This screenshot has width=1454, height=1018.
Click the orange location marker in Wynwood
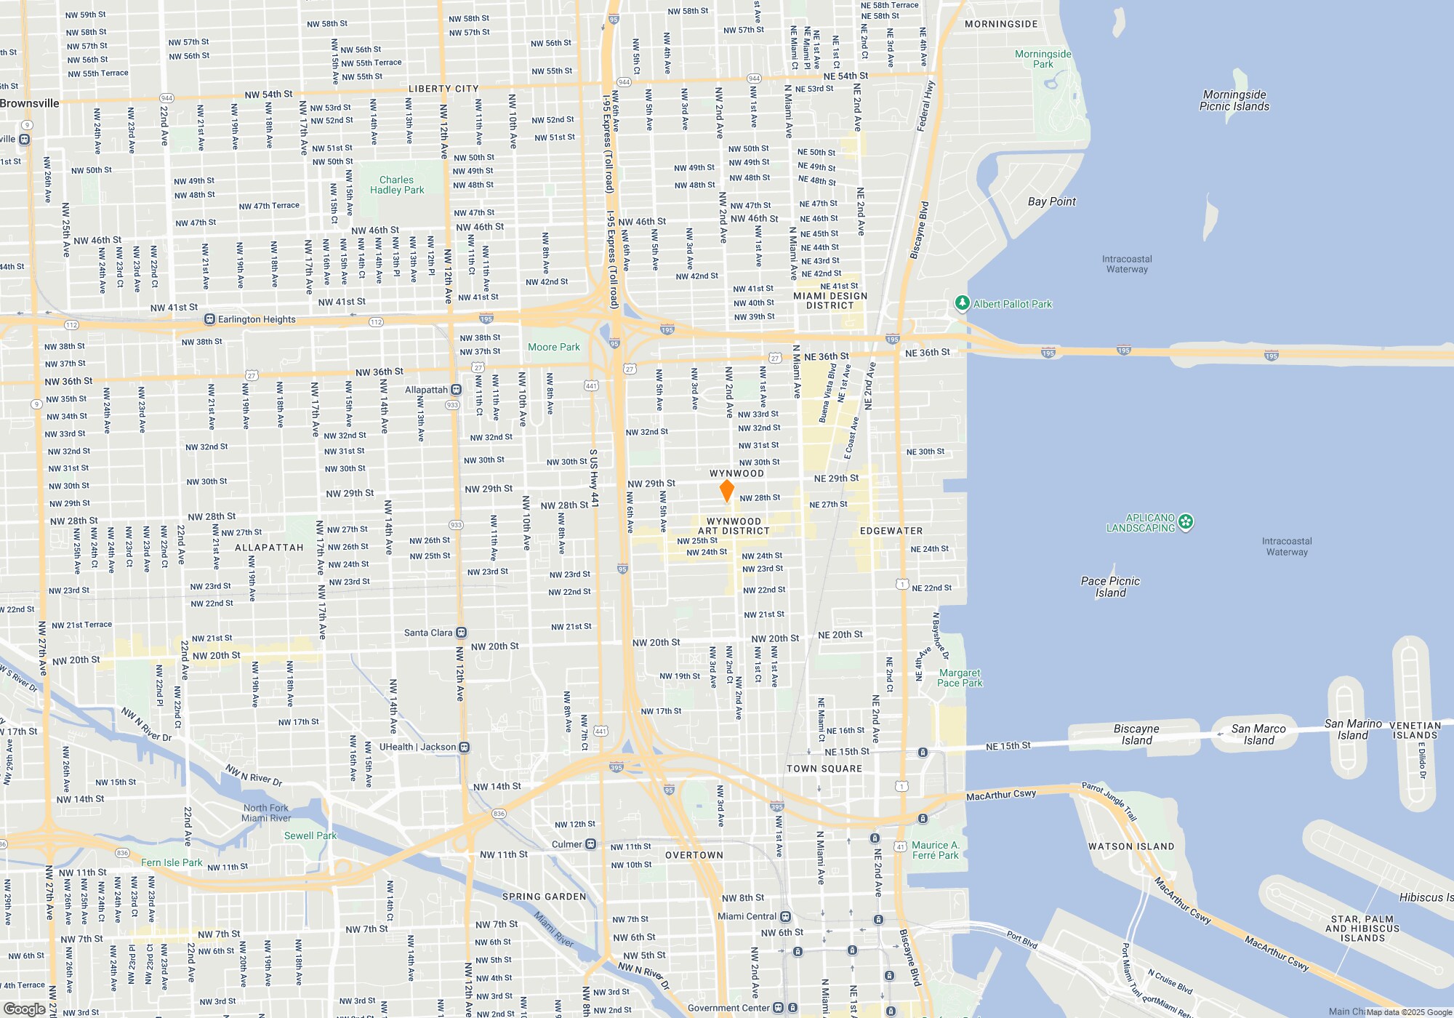(726, 491)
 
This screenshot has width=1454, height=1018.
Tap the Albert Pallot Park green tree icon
(962, 303)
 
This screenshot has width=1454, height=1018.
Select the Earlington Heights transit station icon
(209, 319)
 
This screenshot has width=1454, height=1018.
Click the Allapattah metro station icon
(456, 390)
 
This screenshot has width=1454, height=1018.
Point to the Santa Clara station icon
(461, 633)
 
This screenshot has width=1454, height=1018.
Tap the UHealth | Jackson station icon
(465, 747)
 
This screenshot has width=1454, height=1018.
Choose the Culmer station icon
(591, 844)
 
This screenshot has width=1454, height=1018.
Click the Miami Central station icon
(785, 916)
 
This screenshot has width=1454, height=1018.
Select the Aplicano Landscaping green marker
(1186, 521)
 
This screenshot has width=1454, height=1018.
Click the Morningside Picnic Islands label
(1234, 100)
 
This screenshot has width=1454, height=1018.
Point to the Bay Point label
(1051, 201)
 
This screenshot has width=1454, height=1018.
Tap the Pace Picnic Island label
(1110, 587)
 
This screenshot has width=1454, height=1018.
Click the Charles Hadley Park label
(396, 185)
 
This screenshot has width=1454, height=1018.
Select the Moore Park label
(554, 347)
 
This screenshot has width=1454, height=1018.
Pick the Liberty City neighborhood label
(443, 89)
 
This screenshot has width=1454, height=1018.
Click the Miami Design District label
(830, 300)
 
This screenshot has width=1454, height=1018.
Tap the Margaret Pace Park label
(960, 678)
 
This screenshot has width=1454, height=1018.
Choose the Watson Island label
(1130, 846)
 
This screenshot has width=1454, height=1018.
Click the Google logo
(25, 1009)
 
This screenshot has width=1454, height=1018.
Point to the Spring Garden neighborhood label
(544, 897)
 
